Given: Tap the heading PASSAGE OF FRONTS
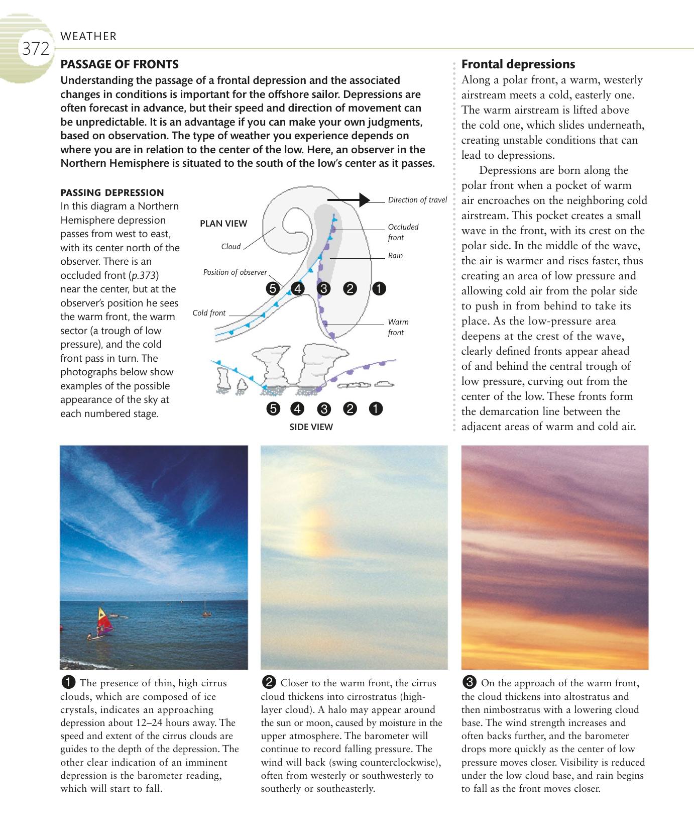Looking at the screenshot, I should coord(119,64).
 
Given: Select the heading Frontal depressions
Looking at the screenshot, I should coord(518,64).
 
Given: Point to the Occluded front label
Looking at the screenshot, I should coord(403,232).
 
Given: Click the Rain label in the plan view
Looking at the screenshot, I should coord(395,256).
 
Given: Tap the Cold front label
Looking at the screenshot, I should coord(209,313).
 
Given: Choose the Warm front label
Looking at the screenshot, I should coord(398,327).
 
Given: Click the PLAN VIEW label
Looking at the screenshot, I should coord(223,224).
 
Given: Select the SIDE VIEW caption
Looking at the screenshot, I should coord(311,427).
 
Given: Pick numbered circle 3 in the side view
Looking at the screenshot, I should coord(324,409).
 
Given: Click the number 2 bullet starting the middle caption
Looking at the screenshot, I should coord(269,682).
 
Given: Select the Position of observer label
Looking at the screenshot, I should coord(235,272).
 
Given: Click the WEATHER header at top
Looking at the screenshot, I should coord(88,36).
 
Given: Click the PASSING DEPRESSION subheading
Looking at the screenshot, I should coord(112,192).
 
